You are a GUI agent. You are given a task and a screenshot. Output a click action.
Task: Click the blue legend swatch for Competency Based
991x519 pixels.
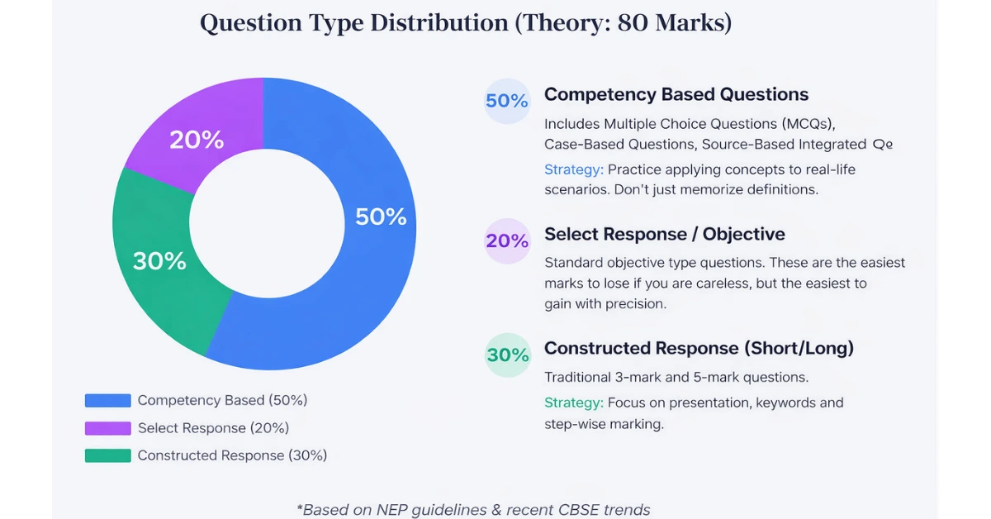[107, 401]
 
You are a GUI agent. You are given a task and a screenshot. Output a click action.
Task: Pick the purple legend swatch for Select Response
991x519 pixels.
[107, 428]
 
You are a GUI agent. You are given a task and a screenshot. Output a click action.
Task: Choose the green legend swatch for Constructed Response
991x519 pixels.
[107, 455]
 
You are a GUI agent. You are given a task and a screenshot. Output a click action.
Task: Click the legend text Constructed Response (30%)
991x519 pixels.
[232, 455]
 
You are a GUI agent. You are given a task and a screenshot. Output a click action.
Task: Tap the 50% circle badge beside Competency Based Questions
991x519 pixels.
[506, 101]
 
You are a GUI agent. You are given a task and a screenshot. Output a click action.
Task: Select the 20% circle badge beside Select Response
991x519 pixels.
[506, 240]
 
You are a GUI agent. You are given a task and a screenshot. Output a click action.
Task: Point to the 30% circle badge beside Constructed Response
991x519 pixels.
[506, 355]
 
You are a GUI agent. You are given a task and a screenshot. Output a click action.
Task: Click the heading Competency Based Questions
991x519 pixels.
[676, 95]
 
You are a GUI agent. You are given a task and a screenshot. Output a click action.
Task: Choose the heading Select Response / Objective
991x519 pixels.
[664, 235]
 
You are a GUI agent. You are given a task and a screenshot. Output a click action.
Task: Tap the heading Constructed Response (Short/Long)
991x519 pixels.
[699, 349]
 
